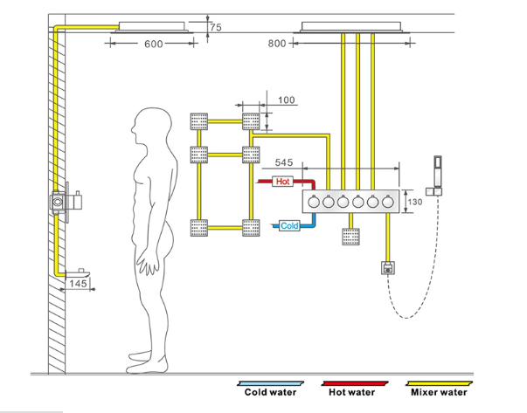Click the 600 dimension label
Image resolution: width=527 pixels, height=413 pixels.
coord(153,45)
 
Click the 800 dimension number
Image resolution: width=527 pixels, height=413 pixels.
coord(276,43)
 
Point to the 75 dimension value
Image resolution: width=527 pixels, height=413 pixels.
coord(216,28)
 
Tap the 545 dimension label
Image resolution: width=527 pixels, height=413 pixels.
coord(284,162)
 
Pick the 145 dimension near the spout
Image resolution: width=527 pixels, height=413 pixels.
coord(79,284)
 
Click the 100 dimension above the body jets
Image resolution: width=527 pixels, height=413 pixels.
coord(287,100)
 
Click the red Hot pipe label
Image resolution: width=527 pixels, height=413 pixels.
coord(283,182)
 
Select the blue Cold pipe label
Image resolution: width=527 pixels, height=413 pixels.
coord(289,226)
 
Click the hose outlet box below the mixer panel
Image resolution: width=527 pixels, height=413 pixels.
coord(386,268)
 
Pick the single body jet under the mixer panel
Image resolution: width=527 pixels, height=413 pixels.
coord(350,237)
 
